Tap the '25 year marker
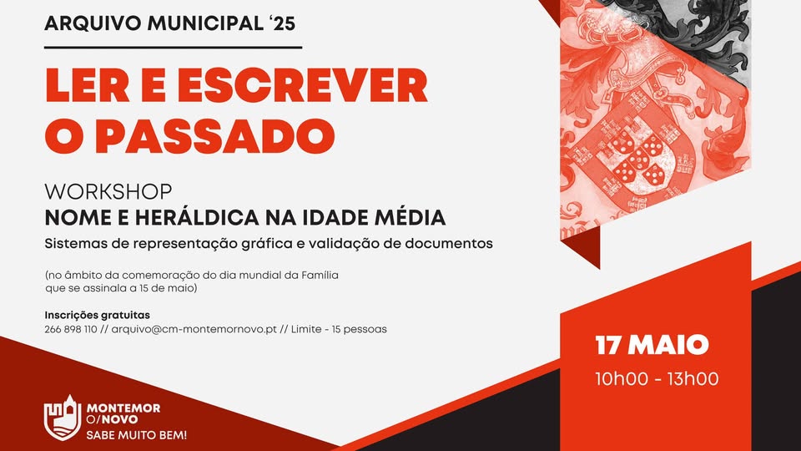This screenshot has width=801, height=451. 280,23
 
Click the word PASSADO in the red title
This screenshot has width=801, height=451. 214,136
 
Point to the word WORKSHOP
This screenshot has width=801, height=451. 108,192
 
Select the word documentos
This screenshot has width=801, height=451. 449,243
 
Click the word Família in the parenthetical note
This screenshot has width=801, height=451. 320,275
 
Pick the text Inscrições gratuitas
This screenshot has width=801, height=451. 97,315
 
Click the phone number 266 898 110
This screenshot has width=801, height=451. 70,329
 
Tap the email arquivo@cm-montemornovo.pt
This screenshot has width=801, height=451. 194,329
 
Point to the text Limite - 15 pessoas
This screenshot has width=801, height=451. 339,329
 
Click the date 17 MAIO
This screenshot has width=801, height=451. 652,345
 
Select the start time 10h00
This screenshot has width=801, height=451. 622,379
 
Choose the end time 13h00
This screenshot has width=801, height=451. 693,379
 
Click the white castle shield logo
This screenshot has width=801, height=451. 63,418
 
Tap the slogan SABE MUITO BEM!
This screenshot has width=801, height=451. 136,435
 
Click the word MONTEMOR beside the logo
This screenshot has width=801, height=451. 123,408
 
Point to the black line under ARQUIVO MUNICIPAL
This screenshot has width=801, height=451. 174,48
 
